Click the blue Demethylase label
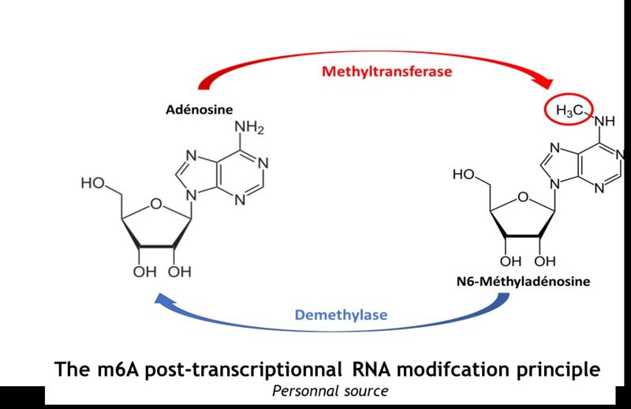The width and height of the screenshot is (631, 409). (341, 315)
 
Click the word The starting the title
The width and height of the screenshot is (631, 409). (72, 368)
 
